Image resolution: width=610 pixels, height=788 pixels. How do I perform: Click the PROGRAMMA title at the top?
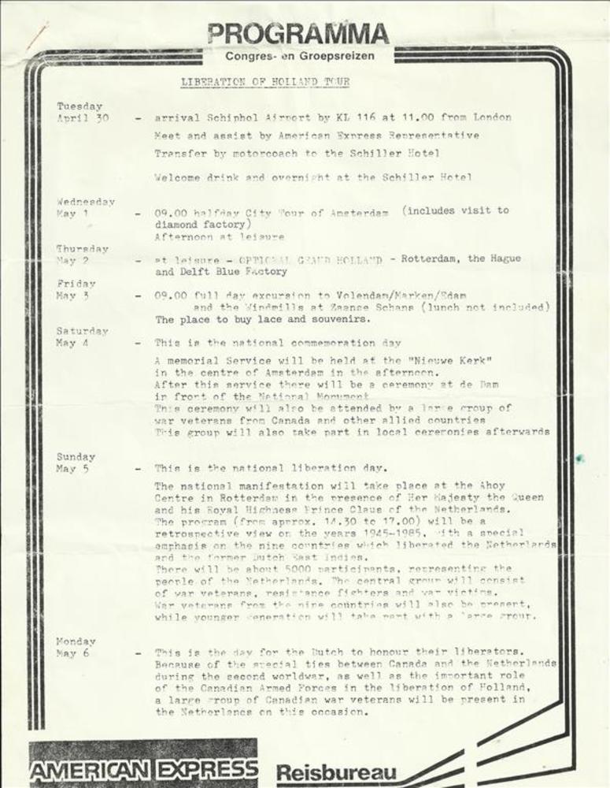(x=298, y=34)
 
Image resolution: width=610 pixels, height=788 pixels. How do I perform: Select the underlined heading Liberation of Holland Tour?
(x=265, y=81)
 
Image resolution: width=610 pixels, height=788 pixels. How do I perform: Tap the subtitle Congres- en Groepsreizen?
(x=299, y=57)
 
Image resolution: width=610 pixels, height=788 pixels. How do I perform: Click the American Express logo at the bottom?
(x=144, y=768)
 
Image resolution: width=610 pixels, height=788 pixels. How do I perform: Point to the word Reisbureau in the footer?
(x=336, y=772)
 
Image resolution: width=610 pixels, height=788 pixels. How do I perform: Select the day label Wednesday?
(x=86, y=202)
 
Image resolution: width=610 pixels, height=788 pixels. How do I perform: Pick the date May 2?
(x=72, y=261)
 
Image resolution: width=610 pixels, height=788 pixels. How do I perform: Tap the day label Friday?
(x=76, y=284)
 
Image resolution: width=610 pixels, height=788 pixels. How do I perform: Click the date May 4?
(x=72, y=344)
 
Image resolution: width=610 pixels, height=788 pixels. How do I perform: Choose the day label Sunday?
(x=76, y=457)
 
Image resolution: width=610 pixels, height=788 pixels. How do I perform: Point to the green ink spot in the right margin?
(x=579, y=458)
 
